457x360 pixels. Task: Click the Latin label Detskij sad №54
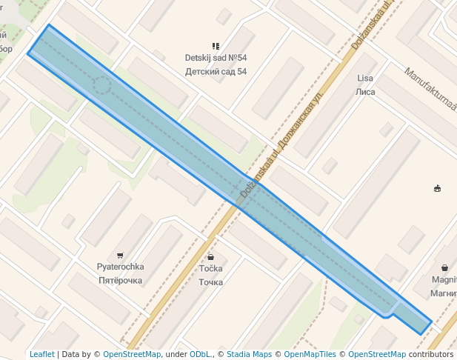[216, 58]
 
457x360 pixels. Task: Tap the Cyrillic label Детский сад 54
[216, 71]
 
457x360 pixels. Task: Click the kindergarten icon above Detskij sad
[216, 46]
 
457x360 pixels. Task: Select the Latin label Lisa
[365, 79]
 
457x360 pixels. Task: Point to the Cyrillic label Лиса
[366, 92]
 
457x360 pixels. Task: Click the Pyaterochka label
[120, 267]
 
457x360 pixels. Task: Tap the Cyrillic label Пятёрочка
[120, 281]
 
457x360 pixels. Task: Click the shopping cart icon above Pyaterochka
[120, 255]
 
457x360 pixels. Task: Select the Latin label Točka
[211, 269]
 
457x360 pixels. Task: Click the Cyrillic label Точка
[211, 282]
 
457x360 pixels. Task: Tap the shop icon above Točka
[211, 256]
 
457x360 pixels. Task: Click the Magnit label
[444, 280]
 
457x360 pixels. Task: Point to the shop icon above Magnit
[444, 267]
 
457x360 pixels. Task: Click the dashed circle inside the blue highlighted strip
[101, 87]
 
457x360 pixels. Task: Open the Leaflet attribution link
[41, 354]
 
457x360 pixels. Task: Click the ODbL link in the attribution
[200, 354]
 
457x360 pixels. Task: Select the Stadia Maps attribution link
[249, 354]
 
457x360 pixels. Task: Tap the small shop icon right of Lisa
[437, 188]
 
